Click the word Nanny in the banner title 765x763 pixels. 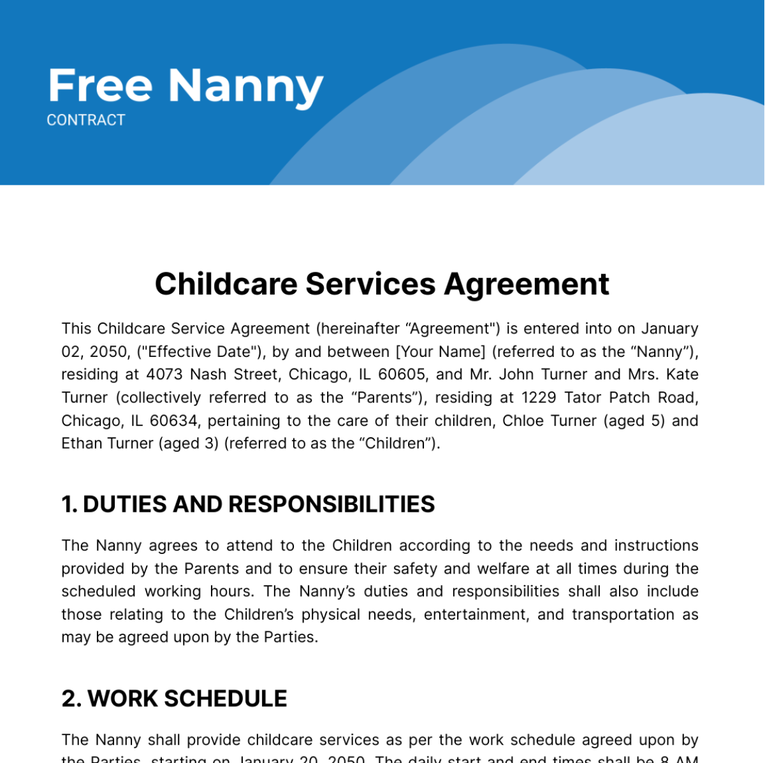[245, 86]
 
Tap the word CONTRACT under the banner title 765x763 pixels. [86, 120]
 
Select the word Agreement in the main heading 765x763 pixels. [527, 284]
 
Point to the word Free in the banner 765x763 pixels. [100, 86]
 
